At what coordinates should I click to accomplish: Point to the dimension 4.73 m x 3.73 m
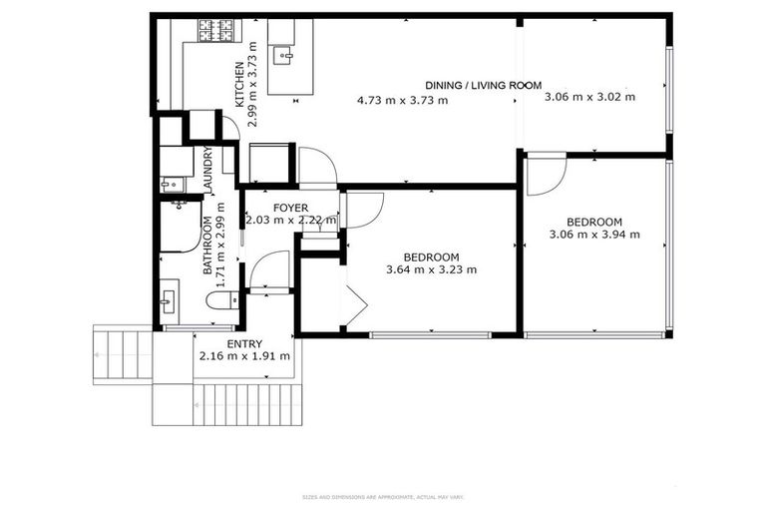click(x=402, y=100)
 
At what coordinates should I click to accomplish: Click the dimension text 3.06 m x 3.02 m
click(x=589, y=97)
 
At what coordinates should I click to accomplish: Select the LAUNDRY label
click(x=208, y=171)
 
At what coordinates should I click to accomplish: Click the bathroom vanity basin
click(x=168, y=298)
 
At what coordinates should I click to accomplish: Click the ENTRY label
click(x=244, y=343)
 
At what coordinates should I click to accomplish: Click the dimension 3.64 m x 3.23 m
click(x=431, y=269)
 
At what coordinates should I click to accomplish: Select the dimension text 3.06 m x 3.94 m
click(x=594, y=235)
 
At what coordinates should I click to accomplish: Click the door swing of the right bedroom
click(x=546, y=173)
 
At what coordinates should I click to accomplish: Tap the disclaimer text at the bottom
click(x=383, y=497)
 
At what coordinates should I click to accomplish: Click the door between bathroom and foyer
click(x=269, y=270)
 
